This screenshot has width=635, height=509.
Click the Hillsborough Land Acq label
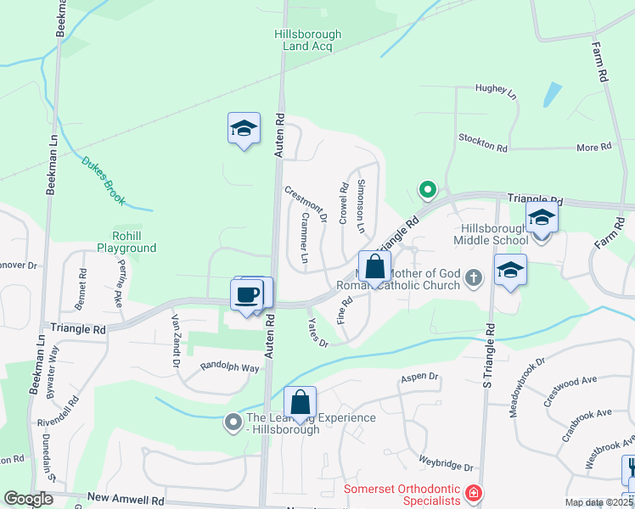point(307,41)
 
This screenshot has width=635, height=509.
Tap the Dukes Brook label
point(104,181)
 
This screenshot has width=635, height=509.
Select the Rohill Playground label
point(134,242)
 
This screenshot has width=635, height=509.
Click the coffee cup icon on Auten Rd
point(246,295)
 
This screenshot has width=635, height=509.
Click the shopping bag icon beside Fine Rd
point(374,268)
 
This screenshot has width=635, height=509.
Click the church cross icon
point(475,277)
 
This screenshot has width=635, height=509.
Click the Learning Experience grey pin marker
point(233,421)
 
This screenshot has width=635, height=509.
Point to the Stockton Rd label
point(482,142)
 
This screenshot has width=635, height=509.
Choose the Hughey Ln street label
point(496,91)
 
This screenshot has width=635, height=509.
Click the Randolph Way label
point(229,367)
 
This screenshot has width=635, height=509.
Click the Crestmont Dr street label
point(305,204)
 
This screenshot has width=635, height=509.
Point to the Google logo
point(28,499)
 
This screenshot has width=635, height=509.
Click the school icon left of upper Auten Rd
point(244,129)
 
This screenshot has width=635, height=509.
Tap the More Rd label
point(593,148)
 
